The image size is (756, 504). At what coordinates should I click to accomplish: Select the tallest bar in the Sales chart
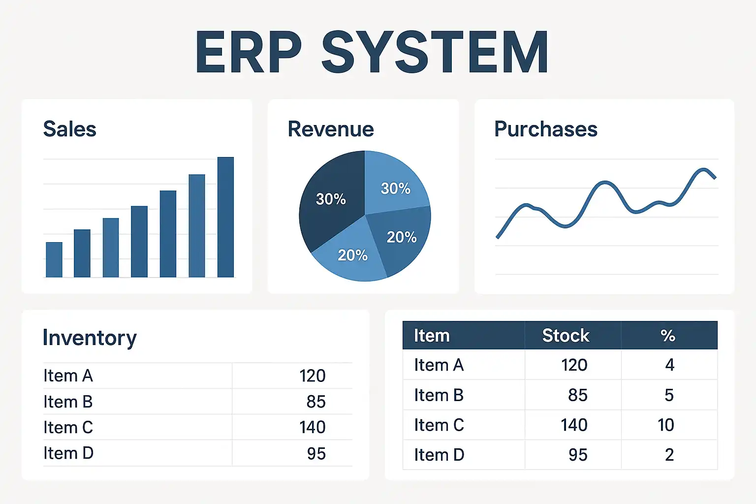coord(225,217)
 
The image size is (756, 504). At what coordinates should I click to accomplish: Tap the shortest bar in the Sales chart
coord(54,259)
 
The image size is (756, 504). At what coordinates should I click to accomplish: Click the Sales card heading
coord(69,129)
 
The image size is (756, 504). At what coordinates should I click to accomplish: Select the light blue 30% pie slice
coord(395,184)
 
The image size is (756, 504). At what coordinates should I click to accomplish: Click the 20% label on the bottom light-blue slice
coord(352,255)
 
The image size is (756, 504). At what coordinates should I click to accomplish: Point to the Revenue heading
coord(331,129)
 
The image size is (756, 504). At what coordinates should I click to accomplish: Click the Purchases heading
coord(546,129)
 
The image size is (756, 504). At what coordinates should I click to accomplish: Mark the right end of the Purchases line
coord(715,178)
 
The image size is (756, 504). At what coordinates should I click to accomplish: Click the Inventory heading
coord(90,338)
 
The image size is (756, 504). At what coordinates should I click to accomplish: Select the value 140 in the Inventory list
coord(313,427)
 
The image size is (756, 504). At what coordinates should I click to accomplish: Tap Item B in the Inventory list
coord(68,401)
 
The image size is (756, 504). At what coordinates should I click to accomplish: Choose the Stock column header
coord(566,336)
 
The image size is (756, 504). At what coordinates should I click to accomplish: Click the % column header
coord(668,336)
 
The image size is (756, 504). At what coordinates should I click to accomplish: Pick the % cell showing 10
coord(666,425)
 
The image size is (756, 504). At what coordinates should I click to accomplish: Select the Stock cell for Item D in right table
coord(578,455)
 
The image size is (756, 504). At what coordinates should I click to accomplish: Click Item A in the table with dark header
coord(439,365)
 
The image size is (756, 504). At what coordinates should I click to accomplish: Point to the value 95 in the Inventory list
coord(316,453)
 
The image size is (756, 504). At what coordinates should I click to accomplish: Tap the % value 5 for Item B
coord(669,395)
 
